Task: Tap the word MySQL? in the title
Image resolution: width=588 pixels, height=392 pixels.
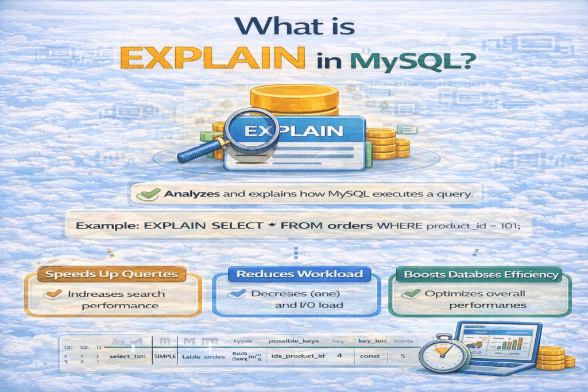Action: coord(412,61)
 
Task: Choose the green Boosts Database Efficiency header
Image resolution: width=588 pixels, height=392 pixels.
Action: coord(481,274)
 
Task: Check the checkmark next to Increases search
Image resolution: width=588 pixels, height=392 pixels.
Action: coord(55,294)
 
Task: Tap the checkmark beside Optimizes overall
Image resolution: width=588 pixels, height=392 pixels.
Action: coord(411,294)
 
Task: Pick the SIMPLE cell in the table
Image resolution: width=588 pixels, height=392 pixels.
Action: coord(164,356)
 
